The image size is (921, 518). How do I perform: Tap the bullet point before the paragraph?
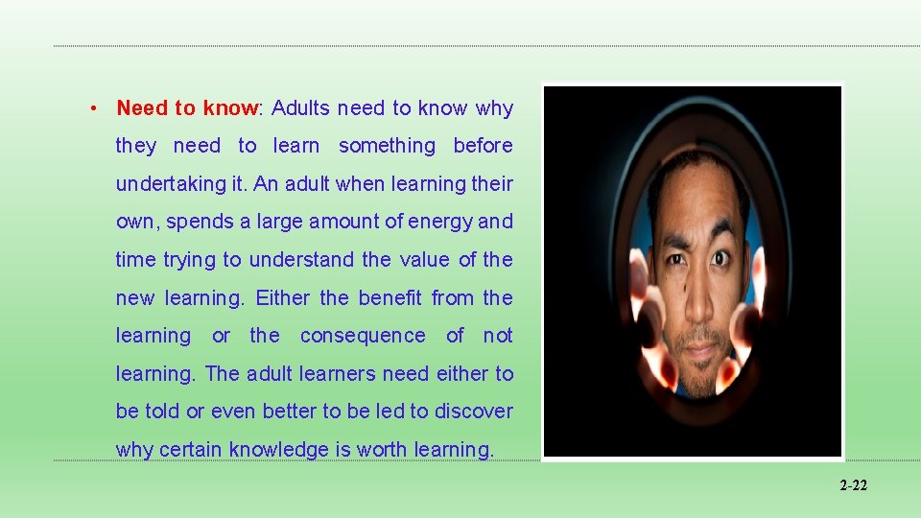[x=93, y=108]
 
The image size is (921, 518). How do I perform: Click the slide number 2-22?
[x=853, y=486]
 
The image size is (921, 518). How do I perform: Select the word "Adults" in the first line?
[x=301, y=108]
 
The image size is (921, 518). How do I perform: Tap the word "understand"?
[x=301, y=260]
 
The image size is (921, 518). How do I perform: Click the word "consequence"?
[x=363, y=336]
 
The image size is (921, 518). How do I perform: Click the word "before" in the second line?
[x=483, y=146]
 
